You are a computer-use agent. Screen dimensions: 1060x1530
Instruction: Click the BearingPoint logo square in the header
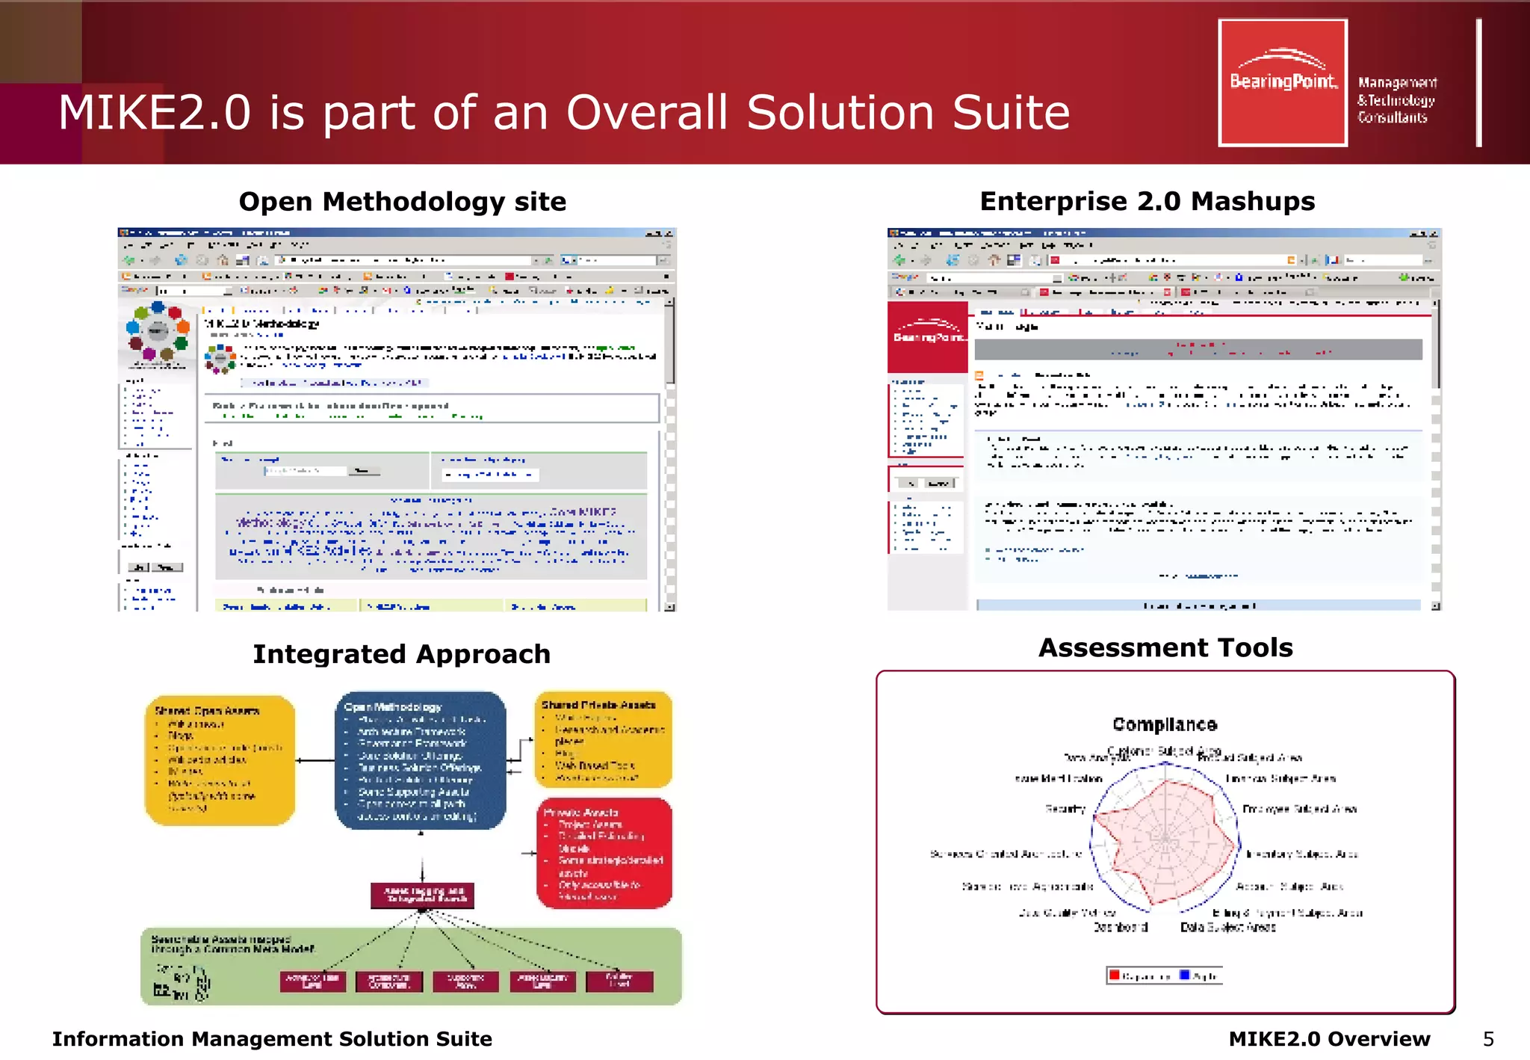[x=1282, y=82]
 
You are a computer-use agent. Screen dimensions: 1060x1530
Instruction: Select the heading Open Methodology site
[x=402, y=201]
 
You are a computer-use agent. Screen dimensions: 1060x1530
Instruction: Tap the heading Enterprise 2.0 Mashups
[x=1147, y=201]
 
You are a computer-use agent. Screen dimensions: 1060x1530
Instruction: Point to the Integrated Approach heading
[x=401, y=654]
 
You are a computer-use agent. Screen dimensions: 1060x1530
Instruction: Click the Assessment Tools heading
[x=1165, y=647]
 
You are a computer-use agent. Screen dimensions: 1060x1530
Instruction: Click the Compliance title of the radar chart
[x=1164, y=724]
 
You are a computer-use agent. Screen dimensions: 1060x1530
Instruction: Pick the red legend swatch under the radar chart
[x=1114, y=975]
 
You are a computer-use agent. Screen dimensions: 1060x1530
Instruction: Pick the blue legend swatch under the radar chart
[x=1184, y=975]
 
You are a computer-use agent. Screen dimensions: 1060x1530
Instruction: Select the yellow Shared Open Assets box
[x=220, y=760]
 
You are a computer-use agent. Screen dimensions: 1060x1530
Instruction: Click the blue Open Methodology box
[x=420, y=760]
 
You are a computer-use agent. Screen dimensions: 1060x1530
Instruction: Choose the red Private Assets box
[x=604, y=853]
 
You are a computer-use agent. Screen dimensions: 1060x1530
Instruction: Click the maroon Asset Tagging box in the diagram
[x=423, y=895]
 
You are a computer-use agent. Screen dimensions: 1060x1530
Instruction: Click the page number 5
[x=1488, y=1039]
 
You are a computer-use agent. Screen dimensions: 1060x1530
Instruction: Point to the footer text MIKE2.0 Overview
[x=1328, y=1039]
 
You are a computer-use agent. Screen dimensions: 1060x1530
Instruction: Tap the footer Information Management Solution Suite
[x=272, y=1039]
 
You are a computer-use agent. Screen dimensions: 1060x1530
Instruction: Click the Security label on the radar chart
[x=1065, y=809]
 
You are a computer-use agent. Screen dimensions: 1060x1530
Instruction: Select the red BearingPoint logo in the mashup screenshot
[x=927, y=336]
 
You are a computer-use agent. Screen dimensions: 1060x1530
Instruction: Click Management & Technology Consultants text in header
[x=1396, y=99]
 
